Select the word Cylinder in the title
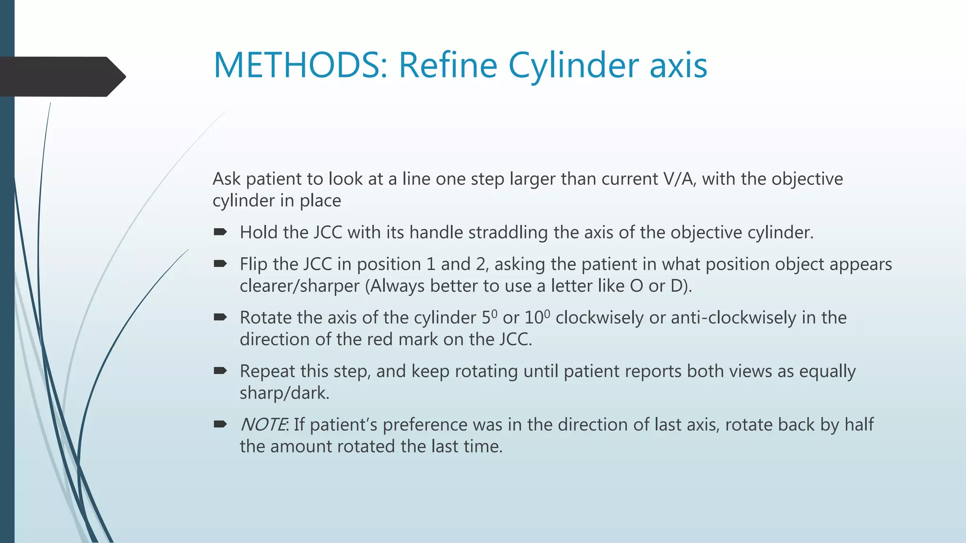pos(574,65)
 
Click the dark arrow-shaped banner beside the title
pos(61,76)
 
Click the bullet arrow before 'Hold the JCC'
pos(220,232)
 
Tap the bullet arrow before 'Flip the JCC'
pos(220,263)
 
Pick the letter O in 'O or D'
pos(636,286)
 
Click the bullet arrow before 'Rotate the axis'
pos(220,317)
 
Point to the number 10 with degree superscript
pos(536,317)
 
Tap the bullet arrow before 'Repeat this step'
pos(220,371)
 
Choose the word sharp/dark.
pos(284,393)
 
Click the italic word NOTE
pos(263,425)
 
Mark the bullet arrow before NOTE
pos(220,424)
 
